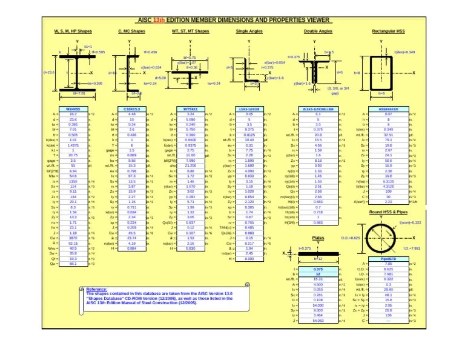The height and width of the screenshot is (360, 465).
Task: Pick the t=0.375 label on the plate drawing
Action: click(x=305, y=248)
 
